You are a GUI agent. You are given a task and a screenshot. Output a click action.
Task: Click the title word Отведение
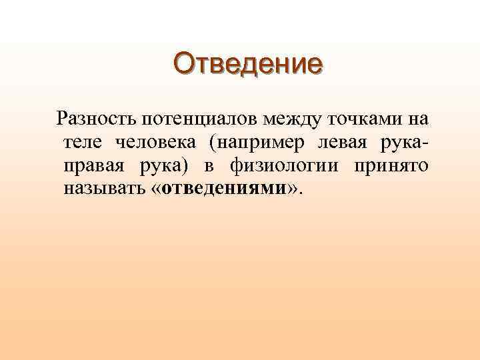[247, 64]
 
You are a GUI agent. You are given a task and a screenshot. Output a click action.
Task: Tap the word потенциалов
[197, 120]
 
